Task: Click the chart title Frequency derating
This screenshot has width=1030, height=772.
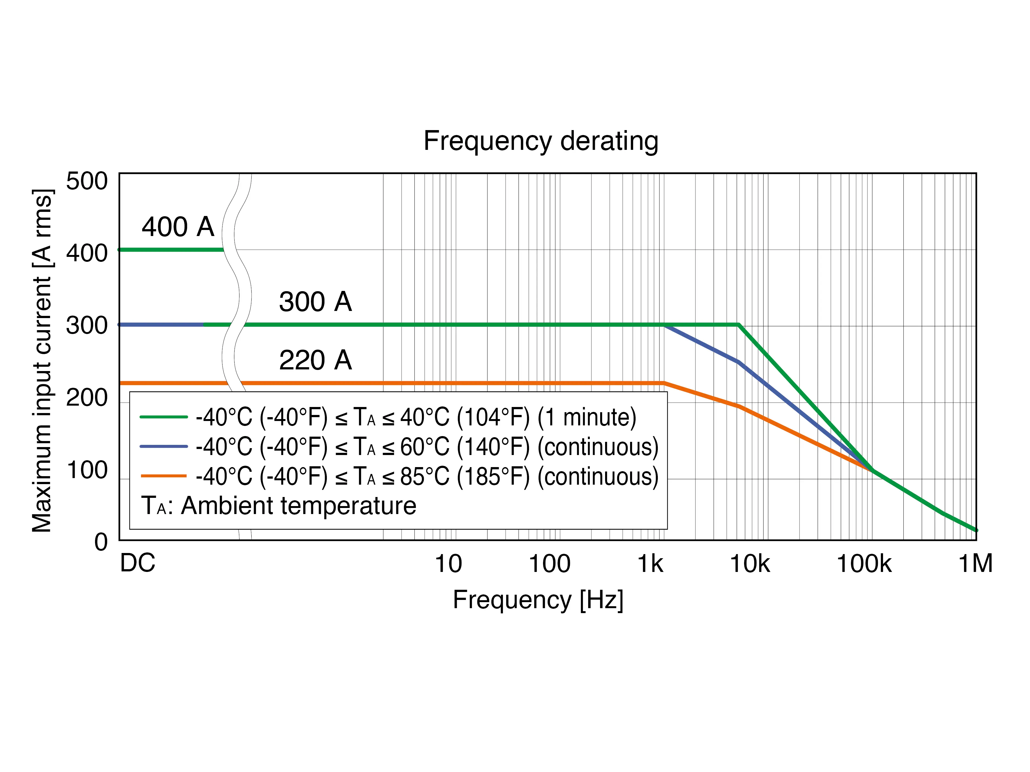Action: click(x=541, y=141)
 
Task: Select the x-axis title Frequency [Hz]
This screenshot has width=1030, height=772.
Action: click(x=538, y=600)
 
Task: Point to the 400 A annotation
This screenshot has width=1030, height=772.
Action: click(x=178, y=227)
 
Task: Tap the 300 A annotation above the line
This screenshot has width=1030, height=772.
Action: click(x=315, y=302)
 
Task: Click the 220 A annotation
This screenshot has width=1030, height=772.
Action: click(x=315, y=360)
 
